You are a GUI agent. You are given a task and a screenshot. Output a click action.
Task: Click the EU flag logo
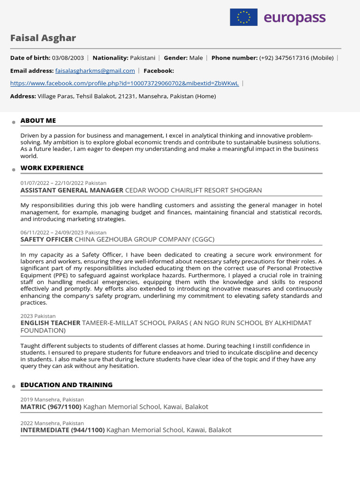click(243, 17)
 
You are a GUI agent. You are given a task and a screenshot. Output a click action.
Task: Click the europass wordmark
click(294, 18)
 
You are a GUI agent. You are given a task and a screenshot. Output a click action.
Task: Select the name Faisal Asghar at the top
click(43, 38)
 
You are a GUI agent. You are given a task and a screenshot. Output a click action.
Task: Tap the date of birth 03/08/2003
click(68, 58)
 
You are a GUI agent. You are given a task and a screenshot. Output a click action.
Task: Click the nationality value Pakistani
click(142, 58)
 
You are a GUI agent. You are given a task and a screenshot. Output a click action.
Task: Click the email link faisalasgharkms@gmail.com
click(95, 70)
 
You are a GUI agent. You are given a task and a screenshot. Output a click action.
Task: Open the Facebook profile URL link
click(124, 83)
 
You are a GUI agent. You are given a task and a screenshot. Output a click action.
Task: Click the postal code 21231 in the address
click(127, 96)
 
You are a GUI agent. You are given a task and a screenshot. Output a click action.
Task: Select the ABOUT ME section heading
click(38, 120)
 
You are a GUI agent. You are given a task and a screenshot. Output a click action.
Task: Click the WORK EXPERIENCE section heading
click(52, 168)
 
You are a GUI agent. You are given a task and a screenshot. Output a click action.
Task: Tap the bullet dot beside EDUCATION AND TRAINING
click(14, 386)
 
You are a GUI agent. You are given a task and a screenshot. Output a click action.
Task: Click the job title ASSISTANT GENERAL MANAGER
click(72, 190)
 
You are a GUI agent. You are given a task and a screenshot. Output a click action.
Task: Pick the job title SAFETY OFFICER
click(47, 239)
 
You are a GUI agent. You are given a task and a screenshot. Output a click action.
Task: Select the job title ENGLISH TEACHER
click(51, 323)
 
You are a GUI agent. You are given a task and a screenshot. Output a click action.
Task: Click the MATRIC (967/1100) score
click(51, 406)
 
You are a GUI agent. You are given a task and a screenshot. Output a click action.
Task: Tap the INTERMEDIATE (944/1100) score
click(62, 429)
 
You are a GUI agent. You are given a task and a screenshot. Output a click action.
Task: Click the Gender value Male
click(196, 58)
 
